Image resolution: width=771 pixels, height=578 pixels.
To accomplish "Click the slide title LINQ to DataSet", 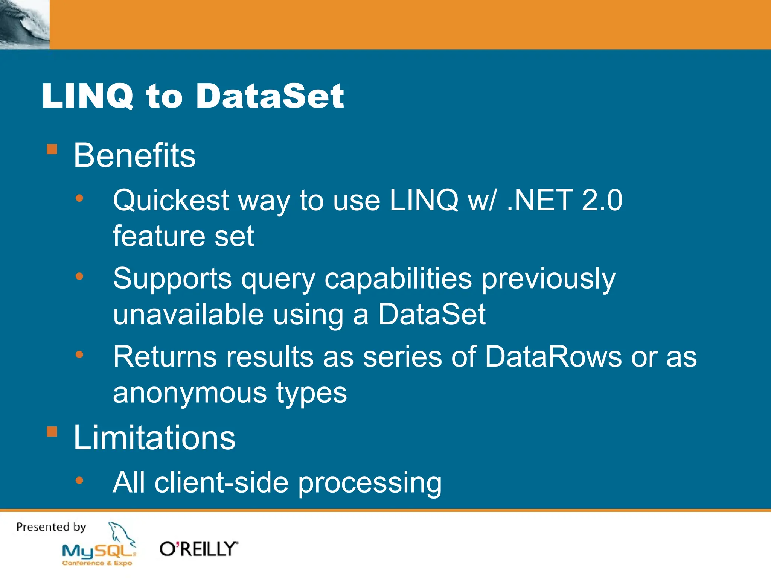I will coord(193,96).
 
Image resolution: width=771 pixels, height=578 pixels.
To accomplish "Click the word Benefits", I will coord(134,155).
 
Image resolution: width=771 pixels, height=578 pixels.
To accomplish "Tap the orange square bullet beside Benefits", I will coord(52,149).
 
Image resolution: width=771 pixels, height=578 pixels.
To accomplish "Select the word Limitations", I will coord(154,438).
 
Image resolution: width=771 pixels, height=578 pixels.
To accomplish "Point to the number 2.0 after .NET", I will coord(602,200).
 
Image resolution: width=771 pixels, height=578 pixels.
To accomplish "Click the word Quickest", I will coord(171,201).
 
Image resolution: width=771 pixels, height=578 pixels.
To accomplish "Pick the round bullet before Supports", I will coord(79,277).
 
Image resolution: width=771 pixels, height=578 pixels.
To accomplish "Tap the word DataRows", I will coord(553,356).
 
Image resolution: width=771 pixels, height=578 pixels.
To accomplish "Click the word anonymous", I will coord(190,393).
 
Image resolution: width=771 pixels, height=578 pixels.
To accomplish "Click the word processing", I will coord(370,483).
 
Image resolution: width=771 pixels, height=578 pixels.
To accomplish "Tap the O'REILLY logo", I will coord(199,549).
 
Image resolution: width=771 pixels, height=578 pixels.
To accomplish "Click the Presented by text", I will coord(51,527).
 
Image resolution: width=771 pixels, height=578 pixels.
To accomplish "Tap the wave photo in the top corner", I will coord(24,24).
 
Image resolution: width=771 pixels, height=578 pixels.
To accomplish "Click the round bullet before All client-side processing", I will coord(79,480).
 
